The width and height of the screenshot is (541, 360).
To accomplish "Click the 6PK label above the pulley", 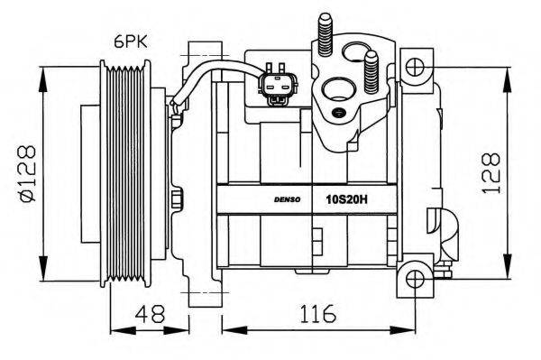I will pyautogui.click(x=131, y=41).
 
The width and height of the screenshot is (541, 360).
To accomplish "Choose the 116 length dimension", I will pyautogui.click(x=309, y=315).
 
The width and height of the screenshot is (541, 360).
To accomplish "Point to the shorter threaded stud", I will pyautogui.click(x=370, y=67).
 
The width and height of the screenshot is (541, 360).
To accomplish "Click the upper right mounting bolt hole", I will pyautogui.click(x=414, y=66).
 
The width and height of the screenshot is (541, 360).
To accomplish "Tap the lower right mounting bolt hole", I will pyautogui.click(x=414, y=276).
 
